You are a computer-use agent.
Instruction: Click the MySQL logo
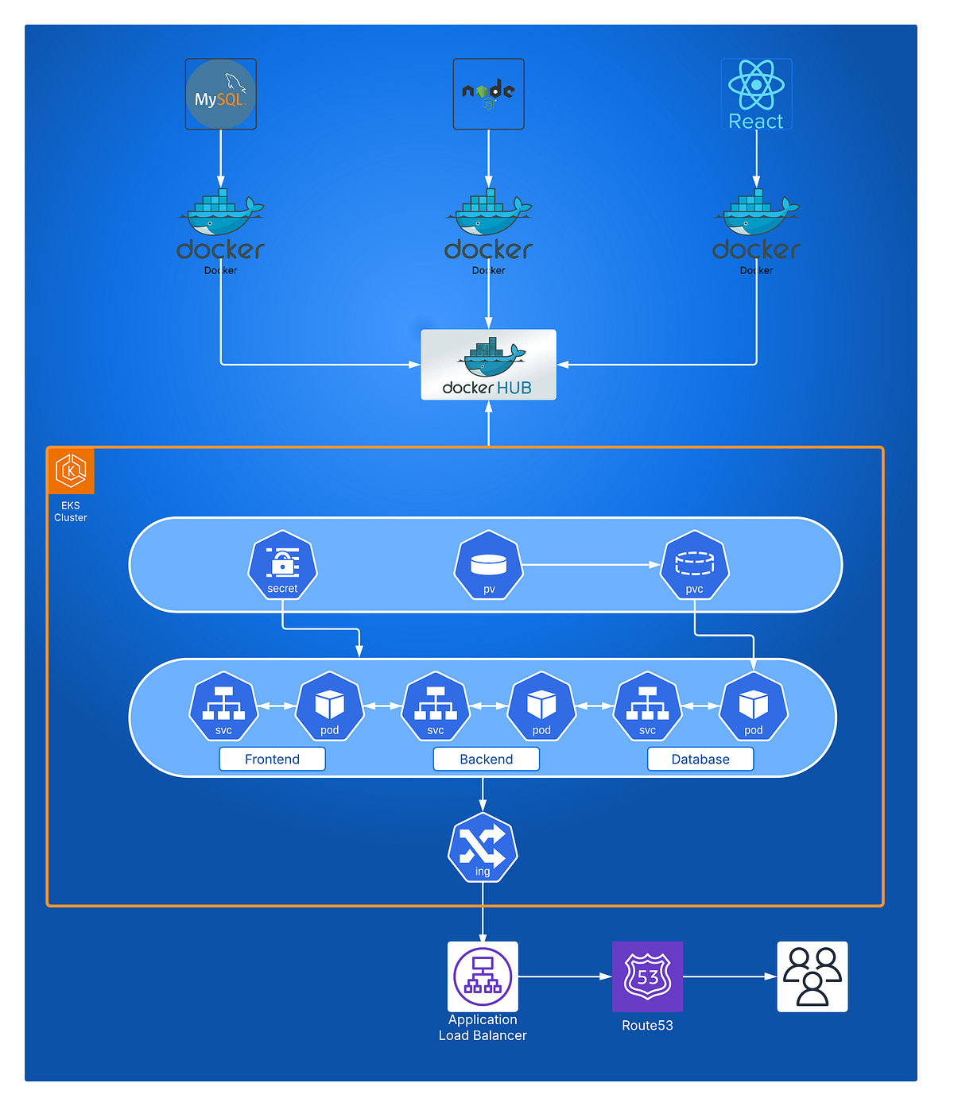click(220, 94)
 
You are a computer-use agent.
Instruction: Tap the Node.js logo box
click(488, 94)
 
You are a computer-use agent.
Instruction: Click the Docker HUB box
click(488, 365)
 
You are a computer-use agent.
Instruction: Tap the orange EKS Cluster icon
click(71, 470)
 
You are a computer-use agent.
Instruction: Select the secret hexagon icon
click(282, 565)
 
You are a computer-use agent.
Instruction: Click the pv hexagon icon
click(489, 565)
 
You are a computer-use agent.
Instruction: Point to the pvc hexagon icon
click(694, 565)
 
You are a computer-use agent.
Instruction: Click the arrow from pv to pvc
click(591, 565)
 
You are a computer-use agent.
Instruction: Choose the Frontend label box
click(272, 759)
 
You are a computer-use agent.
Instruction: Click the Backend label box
click(486, 759)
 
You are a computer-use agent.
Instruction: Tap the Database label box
click(700, 759)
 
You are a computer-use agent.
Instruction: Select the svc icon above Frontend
click(223, 706)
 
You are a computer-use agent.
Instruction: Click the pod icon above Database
click(753, 706)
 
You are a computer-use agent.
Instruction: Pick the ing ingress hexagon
click(483, 848)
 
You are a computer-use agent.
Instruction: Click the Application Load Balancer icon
click(483, 976)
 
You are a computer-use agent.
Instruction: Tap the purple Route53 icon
click(647, 976)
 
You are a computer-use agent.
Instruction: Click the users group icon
click(812, 976)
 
